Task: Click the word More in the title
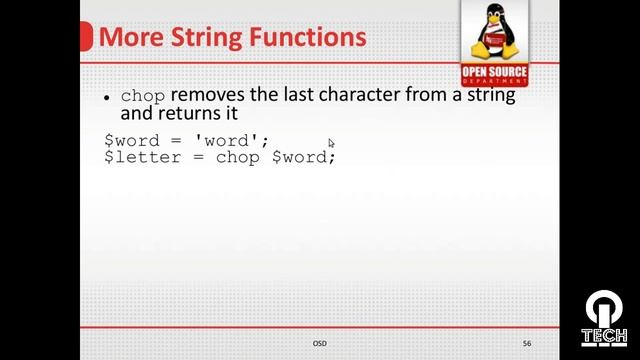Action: (129, 38)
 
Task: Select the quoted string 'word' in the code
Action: (232, 141)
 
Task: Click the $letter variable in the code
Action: (137, 157)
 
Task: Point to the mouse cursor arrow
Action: (331, 143)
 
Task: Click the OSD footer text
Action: (319, 343)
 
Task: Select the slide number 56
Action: (527, 343)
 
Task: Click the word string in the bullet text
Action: (488, 96)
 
